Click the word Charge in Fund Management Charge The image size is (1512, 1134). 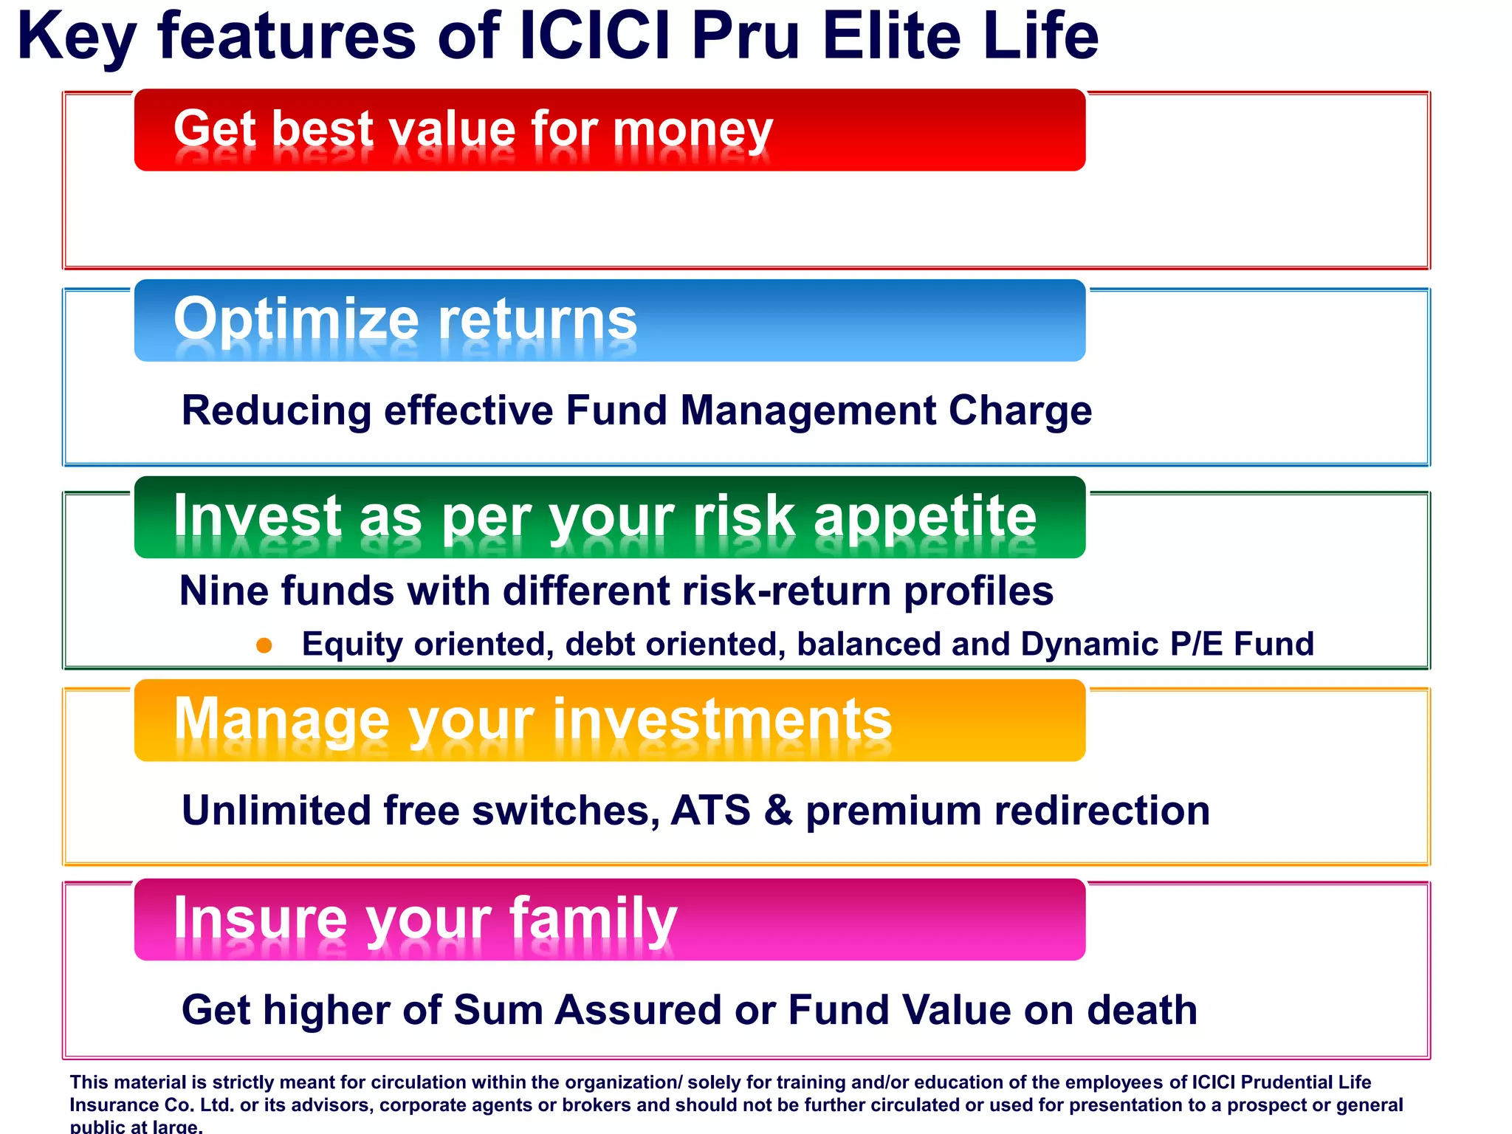coord(1020,411)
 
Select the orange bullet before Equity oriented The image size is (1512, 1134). coord(264,646)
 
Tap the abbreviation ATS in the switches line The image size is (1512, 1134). coord(710,811)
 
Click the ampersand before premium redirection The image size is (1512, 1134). coord(778,811)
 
